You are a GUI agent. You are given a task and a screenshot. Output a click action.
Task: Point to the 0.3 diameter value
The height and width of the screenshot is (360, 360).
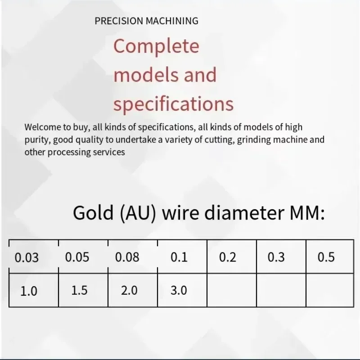(276, 257)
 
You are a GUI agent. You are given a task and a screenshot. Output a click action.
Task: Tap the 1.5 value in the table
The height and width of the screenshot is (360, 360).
(80, 290)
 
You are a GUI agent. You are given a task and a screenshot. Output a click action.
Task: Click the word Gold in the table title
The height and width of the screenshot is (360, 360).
(93, 213)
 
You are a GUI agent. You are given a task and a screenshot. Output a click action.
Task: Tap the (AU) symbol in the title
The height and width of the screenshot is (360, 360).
(138, 213)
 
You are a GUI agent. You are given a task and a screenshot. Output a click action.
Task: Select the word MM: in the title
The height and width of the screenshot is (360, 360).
(307, 213)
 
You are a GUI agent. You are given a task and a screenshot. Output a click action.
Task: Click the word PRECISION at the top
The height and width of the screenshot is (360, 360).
(119, 21)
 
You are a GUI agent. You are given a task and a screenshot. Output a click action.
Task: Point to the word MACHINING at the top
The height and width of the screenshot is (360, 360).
(172, 21)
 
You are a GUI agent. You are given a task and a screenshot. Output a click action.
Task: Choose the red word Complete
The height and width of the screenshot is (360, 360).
(156, 47)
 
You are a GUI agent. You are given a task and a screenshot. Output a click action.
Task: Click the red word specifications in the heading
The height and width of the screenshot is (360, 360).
(174, 104)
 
